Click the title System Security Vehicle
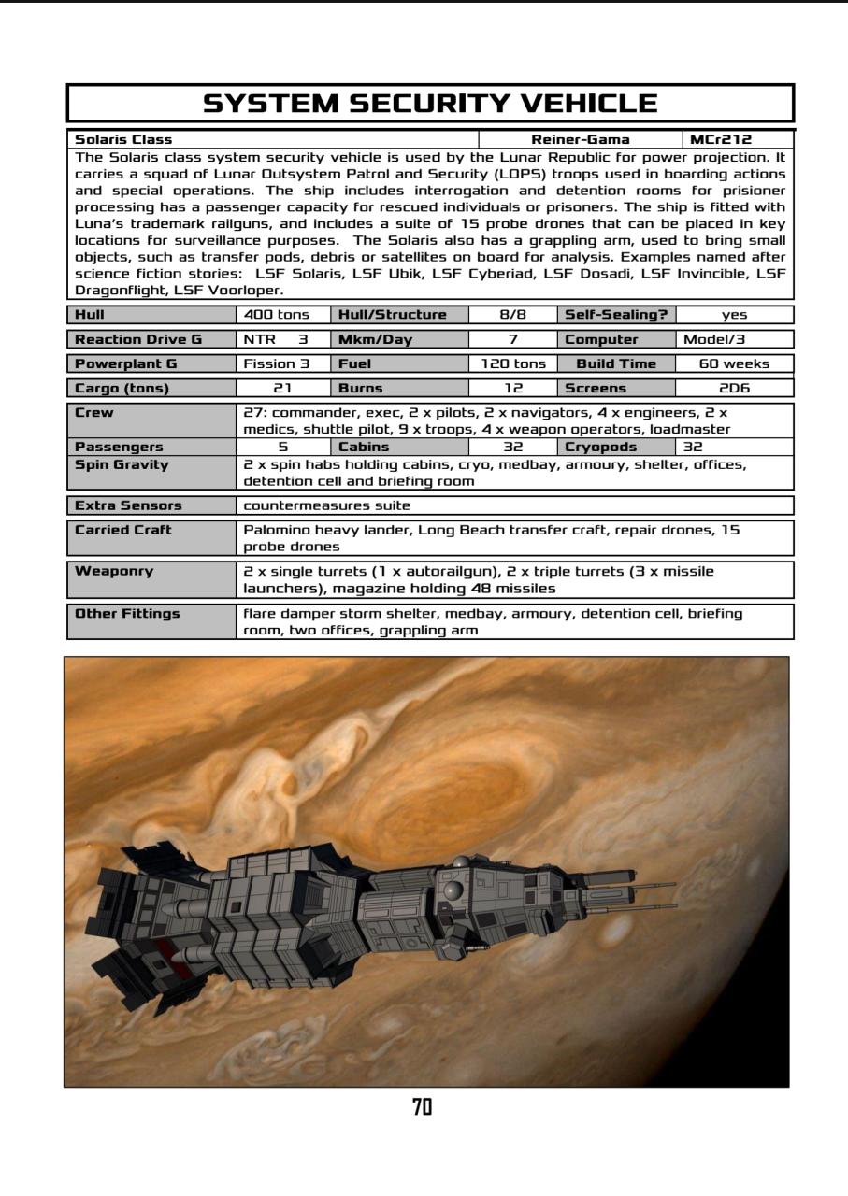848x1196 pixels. (x=430, y=103)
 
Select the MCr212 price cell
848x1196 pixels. (x=720, y=140)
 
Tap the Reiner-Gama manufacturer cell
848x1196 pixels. (x=581, y=140)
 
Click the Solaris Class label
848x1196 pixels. (x=123, y=140)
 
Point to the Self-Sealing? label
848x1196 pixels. (x=615, y=315)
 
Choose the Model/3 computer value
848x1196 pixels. (x=714, y=339)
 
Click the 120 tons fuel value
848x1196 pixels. (x=513, y=363)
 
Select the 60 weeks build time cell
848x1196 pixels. (x=734, y=363)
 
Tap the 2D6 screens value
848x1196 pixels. (x=734, y=388)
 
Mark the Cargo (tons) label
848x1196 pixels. (x=122, y=388)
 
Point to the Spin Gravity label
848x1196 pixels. (x=122, y=464)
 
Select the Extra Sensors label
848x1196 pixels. (x=128, y=505)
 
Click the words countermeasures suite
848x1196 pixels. (x=326, y=505)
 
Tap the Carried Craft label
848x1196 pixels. (x=123, y=530)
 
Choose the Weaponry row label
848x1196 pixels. (x=114, y=571)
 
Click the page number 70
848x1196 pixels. (x=423, y=1107)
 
